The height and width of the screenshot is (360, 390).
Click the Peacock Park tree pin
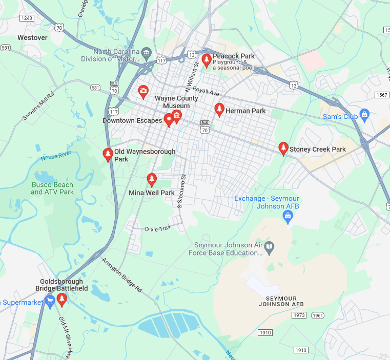[x=207, y=60]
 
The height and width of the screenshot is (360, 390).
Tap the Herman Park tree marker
[x=219, y=109]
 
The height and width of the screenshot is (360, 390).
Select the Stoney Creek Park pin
[x=283, y=148]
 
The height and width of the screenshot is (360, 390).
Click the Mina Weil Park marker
[x=151, y=179]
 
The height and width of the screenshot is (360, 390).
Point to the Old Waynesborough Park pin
[x=108, y=154]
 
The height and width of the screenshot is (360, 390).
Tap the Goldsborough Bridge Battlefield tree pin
[x=62, y=299]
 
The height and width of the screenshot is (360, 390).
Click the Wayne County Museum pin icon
[x=177, y=115]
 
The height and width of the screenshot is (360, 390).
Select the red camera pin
[x=143, y=92]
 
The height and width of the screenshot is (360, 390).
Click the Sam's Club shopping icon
[x=364, y=114]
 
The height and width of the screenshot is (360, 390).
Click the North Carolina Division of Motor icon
[x=147, y=52]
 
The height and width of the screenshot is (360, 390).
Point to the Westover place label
[x=32, y=37]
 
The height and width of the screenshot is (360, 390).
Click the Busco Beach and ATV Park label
[x=52, y=188]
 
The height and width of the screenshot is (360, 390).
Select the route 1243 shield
[x=27, y=18]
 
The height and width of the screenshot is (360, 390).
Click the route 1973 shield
[x=299, y=315]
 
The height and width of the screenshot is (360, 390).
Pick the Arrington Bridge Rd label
[x=122, y=275]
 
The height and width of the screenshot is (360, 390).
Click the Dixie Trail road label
[x=157, y=228]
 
